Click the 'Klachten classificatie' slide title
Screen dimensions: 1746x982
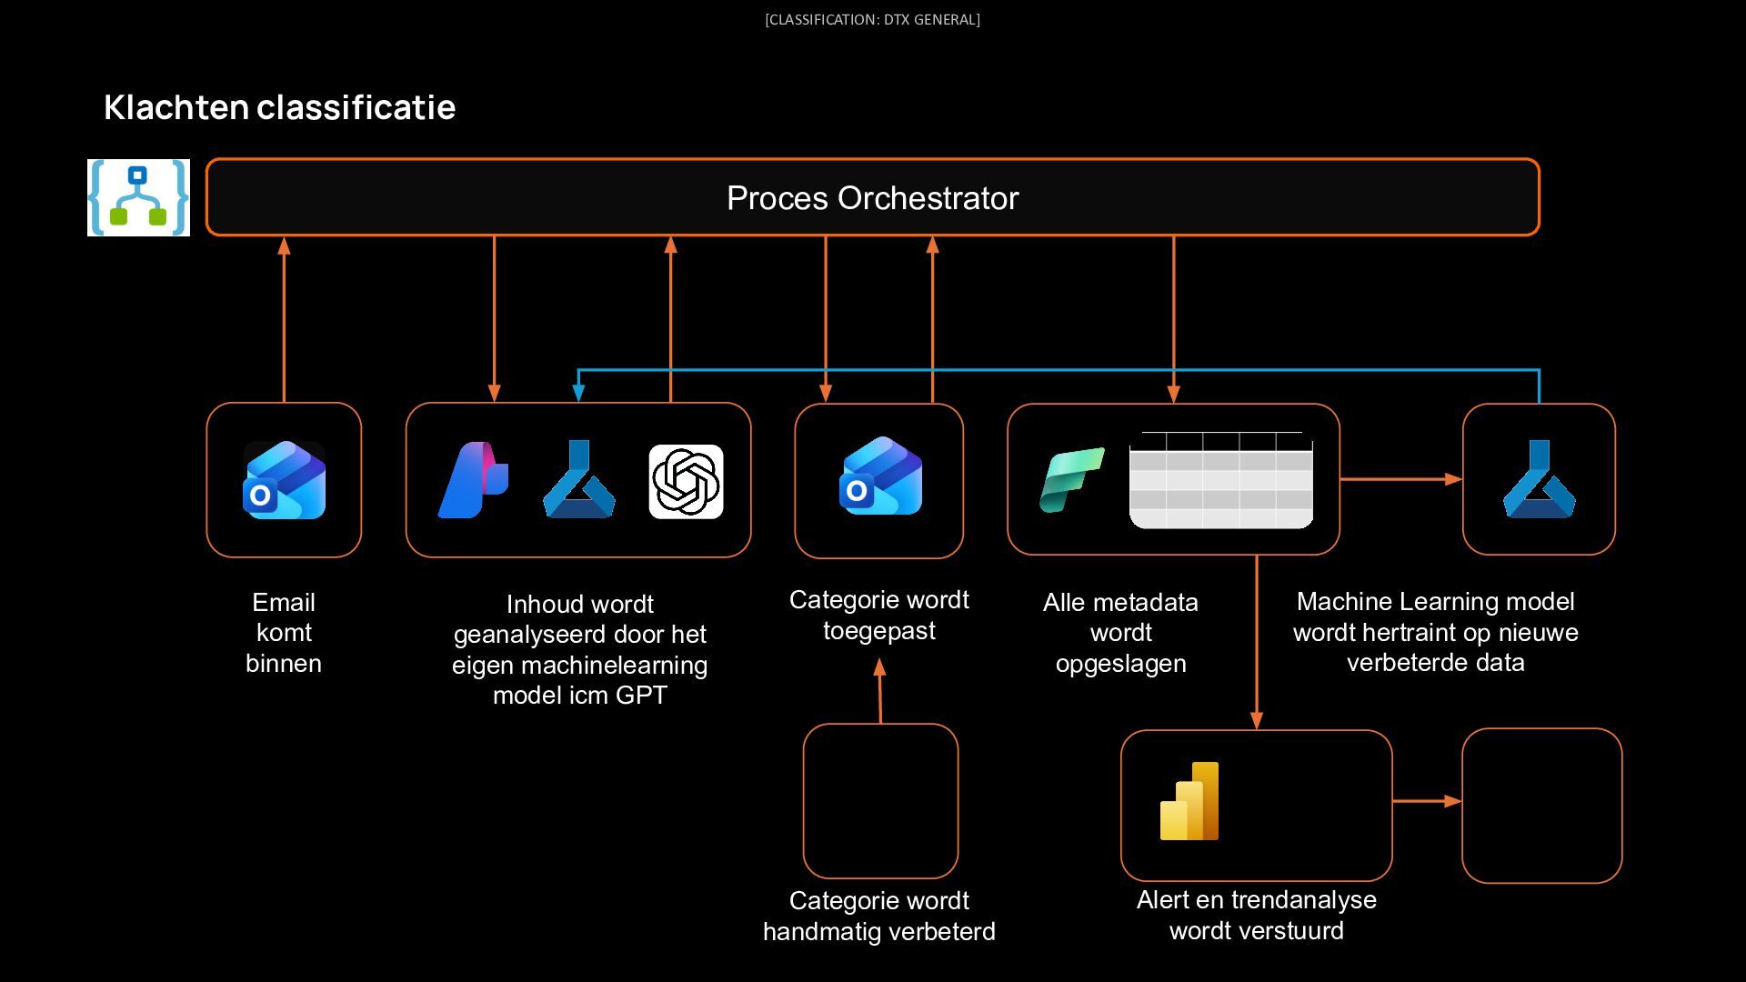279,107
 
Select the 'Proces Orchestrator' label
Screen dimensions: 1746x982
873,198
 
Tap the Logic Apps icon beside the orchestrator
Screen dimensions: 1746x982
138,197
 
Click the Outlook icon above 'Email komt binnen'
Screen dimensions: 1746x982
284,480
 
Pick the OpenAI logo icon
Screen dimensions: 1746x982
686,482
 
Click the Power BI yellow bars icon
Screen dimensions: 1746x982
1189,801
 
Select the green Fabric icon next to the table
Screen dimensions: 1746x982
1072,480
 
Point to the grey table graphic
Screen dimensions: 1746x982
1221,480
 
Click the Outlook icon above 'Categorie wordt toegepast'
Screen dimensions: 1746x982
880,476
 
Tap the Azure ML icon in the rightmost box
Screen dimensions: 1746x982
1539,479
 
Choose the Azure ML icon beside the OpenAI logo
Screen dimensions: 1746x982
578,479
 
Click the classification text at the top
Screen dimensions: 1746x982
872,19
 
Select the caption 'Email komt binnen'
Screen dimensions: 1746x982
284,633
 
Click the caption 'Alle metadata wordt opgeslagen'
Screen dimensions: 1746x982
1120,633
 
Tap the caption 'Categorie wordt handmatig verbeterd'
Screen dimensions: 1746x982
879,916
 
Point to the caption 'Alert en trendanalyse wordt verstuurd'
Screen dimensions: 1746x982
1257,915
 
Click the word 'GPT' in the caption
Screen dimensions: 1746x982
641,696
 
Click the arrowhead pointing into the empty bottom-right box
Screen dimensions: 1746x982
1453,801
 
